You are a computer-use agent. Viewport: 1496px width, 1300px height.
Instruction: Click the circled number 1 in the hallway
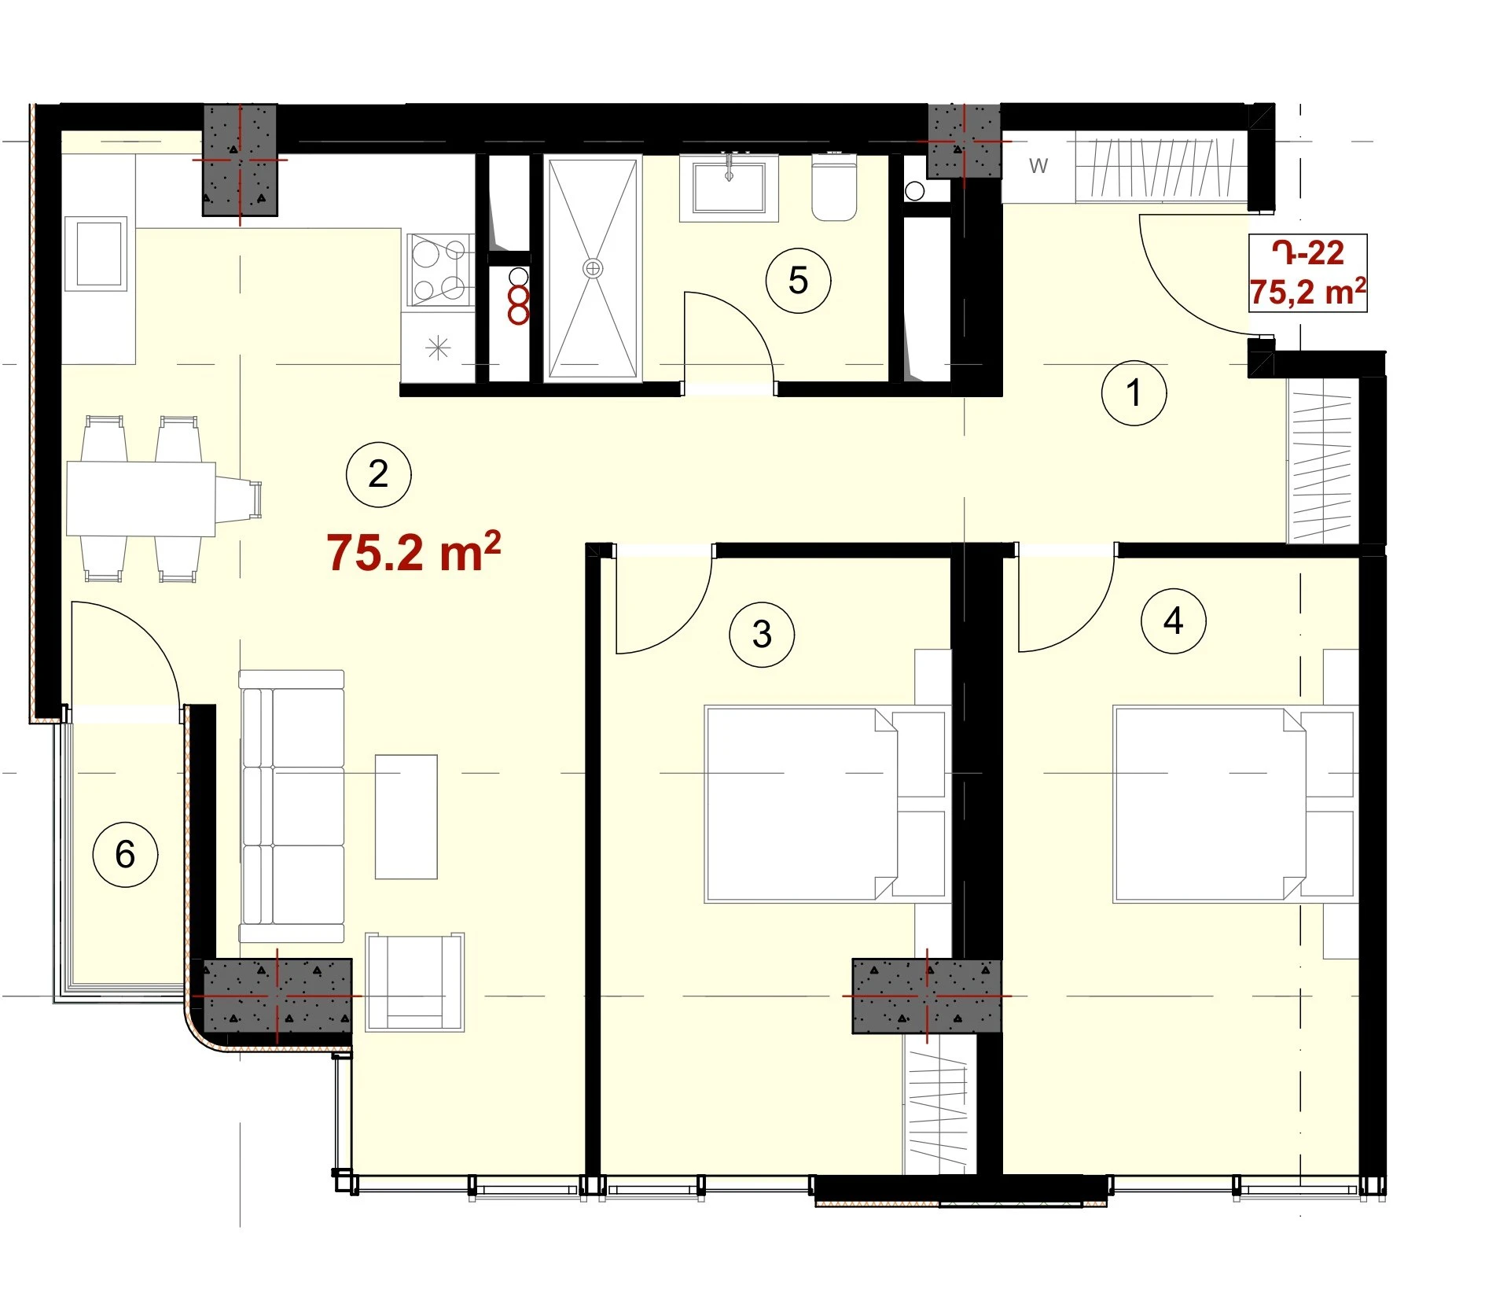(x=1133, y=392)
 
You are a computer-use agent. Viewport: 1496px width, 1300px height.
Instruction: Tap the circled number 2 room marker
(x=378, y=474)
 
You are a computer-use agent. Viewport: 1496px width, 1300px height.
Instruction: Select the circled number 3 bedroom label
(x=761, y=635)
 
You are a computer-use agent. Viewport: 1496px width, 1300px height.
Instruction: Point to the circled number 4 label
(x=1173, y=621)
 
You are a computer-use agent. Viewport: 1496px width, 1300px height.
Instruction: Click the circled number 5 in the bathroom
(x=798, y=281)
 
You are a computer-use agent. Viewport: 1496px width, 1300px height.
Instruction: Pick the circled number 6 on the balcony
(x=125, y=855)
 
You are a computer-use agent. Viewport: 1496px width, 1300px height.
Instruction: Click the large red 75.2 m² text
(x=414, y=552)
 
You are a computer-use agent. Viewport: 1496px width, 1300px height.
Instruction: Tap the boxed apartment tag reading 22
(x=1307, y=273)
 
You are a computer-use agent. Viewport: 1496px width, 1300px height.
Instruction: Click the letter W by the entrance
(x=1038, y=166)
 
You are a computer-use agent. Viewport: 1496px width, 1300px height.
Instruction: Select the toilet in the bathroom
(x=834, y=187)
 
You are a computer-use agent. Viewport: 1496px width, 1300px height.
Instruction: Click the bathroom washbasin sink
(x=729, y=187)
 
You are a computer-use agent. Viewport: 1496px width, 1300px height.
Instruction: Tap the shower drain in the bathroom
(x=592, y=269)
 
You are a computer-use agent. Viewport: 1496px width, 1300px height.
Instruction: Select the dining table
(x=142, y=499)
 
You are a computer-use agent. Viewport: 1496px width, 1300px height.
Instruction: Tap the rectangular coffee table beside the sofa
(x=406, y=816)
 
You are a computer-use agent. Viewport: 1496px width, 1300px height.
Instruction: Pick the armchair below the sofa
(x=414, y=981)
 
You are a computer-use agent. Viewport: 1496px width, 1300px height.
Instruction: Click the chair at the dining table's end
(x=238, y=499)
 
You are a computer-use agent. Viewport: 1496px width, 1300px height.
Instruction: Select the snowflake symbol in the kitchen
(x=438, y=347)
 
